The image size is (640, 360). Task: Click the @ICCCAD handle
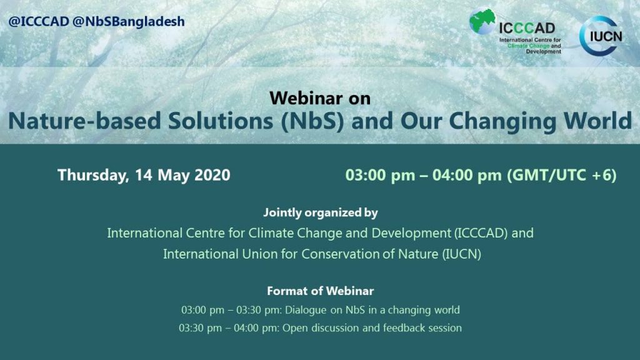pos(39,22)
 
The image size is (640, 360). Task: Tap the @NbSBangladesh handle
pos(129,22)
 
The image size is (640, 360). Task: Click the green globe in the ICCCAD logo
pos(482,22)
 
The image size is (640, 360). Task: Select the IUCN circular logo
pos(601,36)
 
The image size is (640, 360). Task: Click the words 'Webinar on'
pos(320,98)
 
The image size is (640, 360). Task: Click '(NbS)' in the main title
pos(312,121)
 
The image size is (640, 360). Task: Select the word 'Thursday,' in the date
pos(94,175)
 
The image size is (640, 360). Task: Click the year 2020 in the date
pos(212,175)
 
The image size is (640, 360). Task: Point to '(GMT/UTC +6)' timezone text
pos(562,175)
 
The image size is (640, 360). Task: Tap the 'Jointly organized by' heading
pos(321,212)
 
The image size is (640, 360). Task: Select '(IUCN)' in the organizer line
pos(462,254)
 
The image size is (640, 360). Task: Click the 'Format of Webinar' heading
pos(321,291)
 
